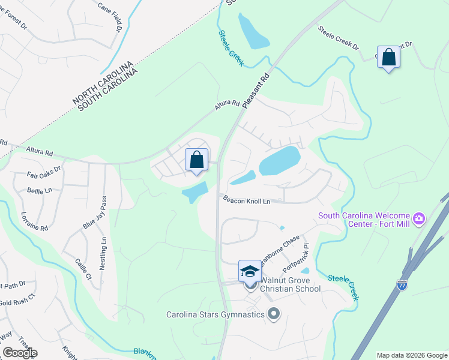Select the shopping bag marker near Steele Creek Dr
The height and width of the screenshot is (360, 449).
click(389, 58)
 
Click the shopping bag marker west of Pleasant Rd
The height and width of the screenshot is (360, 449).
click(196, 160)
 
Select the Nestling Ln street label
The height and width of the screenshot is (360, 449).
click(103, 253)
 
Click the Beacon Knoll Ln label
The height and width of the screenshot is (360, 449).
click(246, 200)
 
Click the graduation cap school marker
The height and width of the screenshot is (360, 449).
click(250, 272)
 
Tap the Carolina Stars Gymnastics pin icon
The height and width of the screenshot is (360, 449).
click(274, 314)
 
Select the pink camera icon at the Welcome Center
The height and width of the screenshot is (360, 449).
click(420, 217)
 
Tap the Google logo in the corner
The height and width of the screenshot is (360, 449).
click(20, 353)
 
